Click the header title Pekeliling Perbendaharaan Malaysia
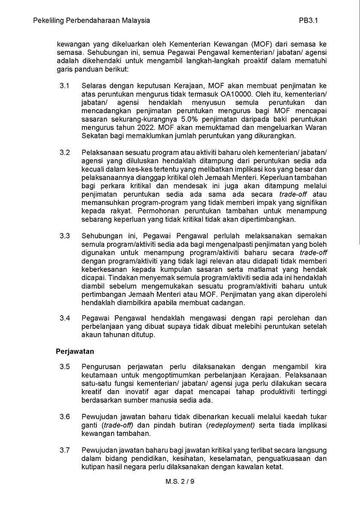(x=91, y=20)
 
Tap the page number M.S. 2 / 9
(x=180, y=482)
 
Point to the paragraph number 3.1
(x=64, y=86)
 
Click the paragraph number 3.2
(x=64, y=153)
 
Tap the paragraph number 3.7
(x=64, y=450)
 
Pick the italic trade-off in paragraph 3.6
(x=118, y=425)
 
